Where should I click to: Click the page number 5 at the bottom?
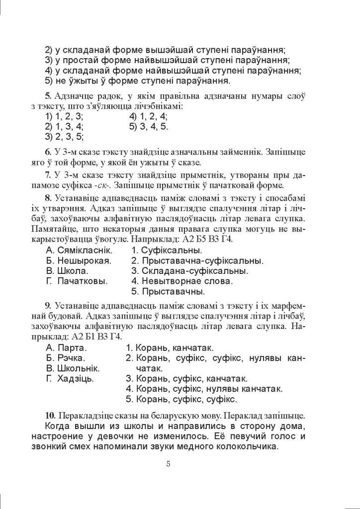tap(169, 464)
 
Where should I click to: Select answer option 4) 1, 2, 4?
tap(148, 116)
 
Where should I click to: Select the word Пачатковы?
tap(83, 281)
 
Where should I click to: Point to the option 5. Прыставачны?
tap(168, 291)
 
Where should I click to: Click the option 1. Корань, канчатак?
tap(172, 347)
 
